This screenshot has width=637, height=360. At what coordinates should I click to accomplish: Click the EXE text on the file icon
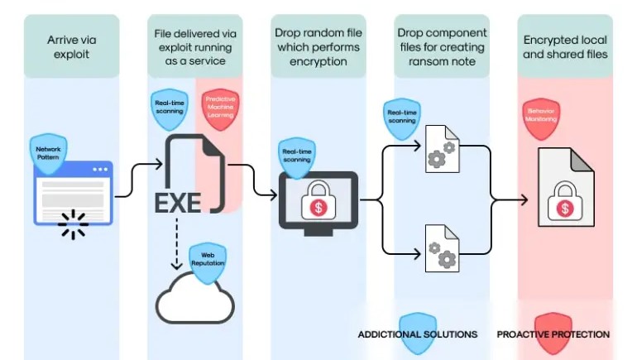tap(178, 202)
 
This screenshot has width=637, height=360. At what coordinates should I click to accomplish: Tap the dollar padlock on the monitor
tap(318, 204)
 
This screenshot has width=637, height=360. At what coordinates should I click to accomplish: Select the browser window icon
tap(72, 193)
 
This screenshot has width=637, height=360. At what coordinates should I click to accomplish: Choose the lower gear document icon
tap(438, 247)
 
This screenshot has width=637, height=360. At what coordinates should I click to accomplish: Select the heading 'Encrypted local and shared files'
tap(565, 46)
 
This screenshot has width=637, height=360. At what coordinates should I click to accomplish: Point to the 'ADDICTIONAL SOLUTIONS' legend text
tap(417, 334)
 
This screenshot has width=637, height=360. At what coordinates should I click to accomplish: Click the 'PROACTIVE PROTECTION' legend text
tap(553, 334)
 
